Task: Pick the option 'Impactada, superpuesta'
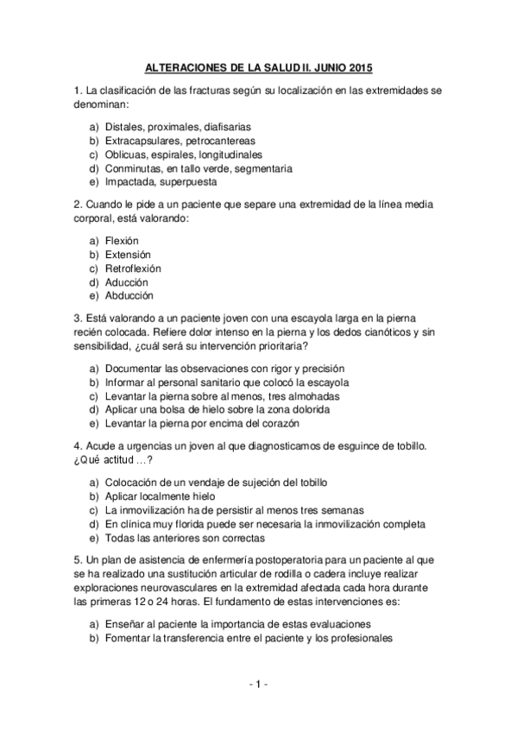point(161,182)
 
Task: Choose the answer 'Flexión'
point(122,240)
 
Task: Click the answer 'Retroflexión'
point(133,268)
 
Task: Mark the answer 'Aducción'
point(127,282)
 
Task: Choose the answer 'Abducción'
point(129,296)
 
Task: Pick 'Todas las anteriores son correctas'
point(185,538)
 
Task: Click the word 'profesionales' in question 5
point(360,638)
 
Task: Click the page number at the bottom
point(258,685)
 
